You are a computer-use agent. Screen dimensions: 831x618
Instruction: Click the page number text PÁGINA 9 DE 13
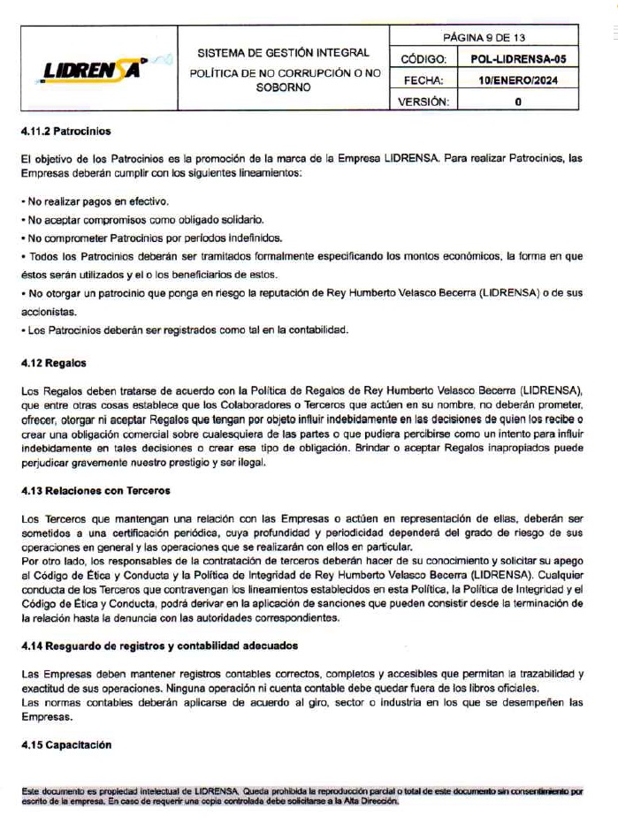pos(484,38)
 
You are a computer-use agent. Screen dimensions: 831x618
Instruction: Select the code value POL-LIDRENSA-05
pos(518,59)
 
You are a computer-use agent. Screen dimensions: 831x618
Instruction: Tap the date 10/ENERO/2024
pos(518,80)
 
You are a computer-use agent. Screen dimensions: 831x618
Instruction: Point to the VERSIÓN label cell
pos(423,102)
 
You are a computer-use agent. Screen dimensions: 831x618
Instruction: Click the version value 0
pos(518,102)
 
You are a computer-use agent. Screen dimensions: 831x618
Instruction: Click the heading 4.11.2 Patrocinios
pos(66,131)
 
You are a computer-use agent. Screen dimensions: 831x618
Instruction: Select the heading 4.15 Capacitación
pos(66,744)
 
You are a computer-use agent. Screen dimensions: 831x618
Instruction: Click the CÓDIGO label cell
pos(423,59)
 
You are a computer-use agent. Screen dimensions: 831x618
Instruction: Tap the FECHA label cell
pos(423,80)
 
